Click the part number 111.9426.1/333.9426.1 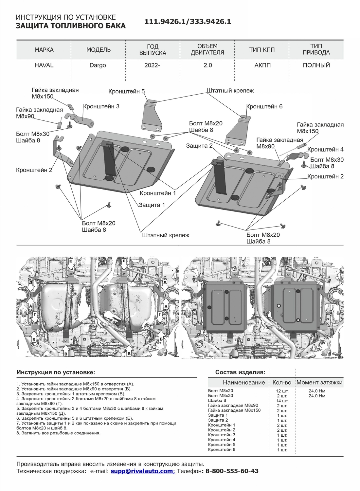pos(188,22)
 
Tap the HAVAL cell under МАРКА pos(44,65)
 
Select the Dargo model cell pos(98,65)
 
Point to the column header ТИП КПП pos(262,50)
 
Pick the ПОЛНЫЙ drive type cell pos(316,65)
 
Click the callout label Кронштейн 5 pos(126,91)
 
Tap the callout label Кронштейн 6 pos(264,106)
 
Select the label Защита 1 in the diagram pos(152,205)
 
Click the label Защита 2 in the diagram pos(199,145)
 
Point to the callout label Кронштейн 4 pos(325,149)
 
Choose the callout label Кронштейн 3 pos(101,106)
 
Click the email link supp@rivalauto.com pos(142,471)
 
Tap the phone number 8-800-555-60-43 pos(232,471)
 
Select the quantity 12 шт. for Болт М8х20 pos(282,391)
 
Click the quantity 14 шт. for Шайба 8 pos(282,401)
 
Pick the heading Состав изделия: pos(240,372)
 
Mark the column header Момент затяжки pos(319,382)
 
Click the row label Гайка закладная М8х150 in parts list pos(234,410)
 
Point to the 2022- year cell pos(152,65)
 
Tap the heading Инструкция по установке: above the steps pos(56,372)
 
